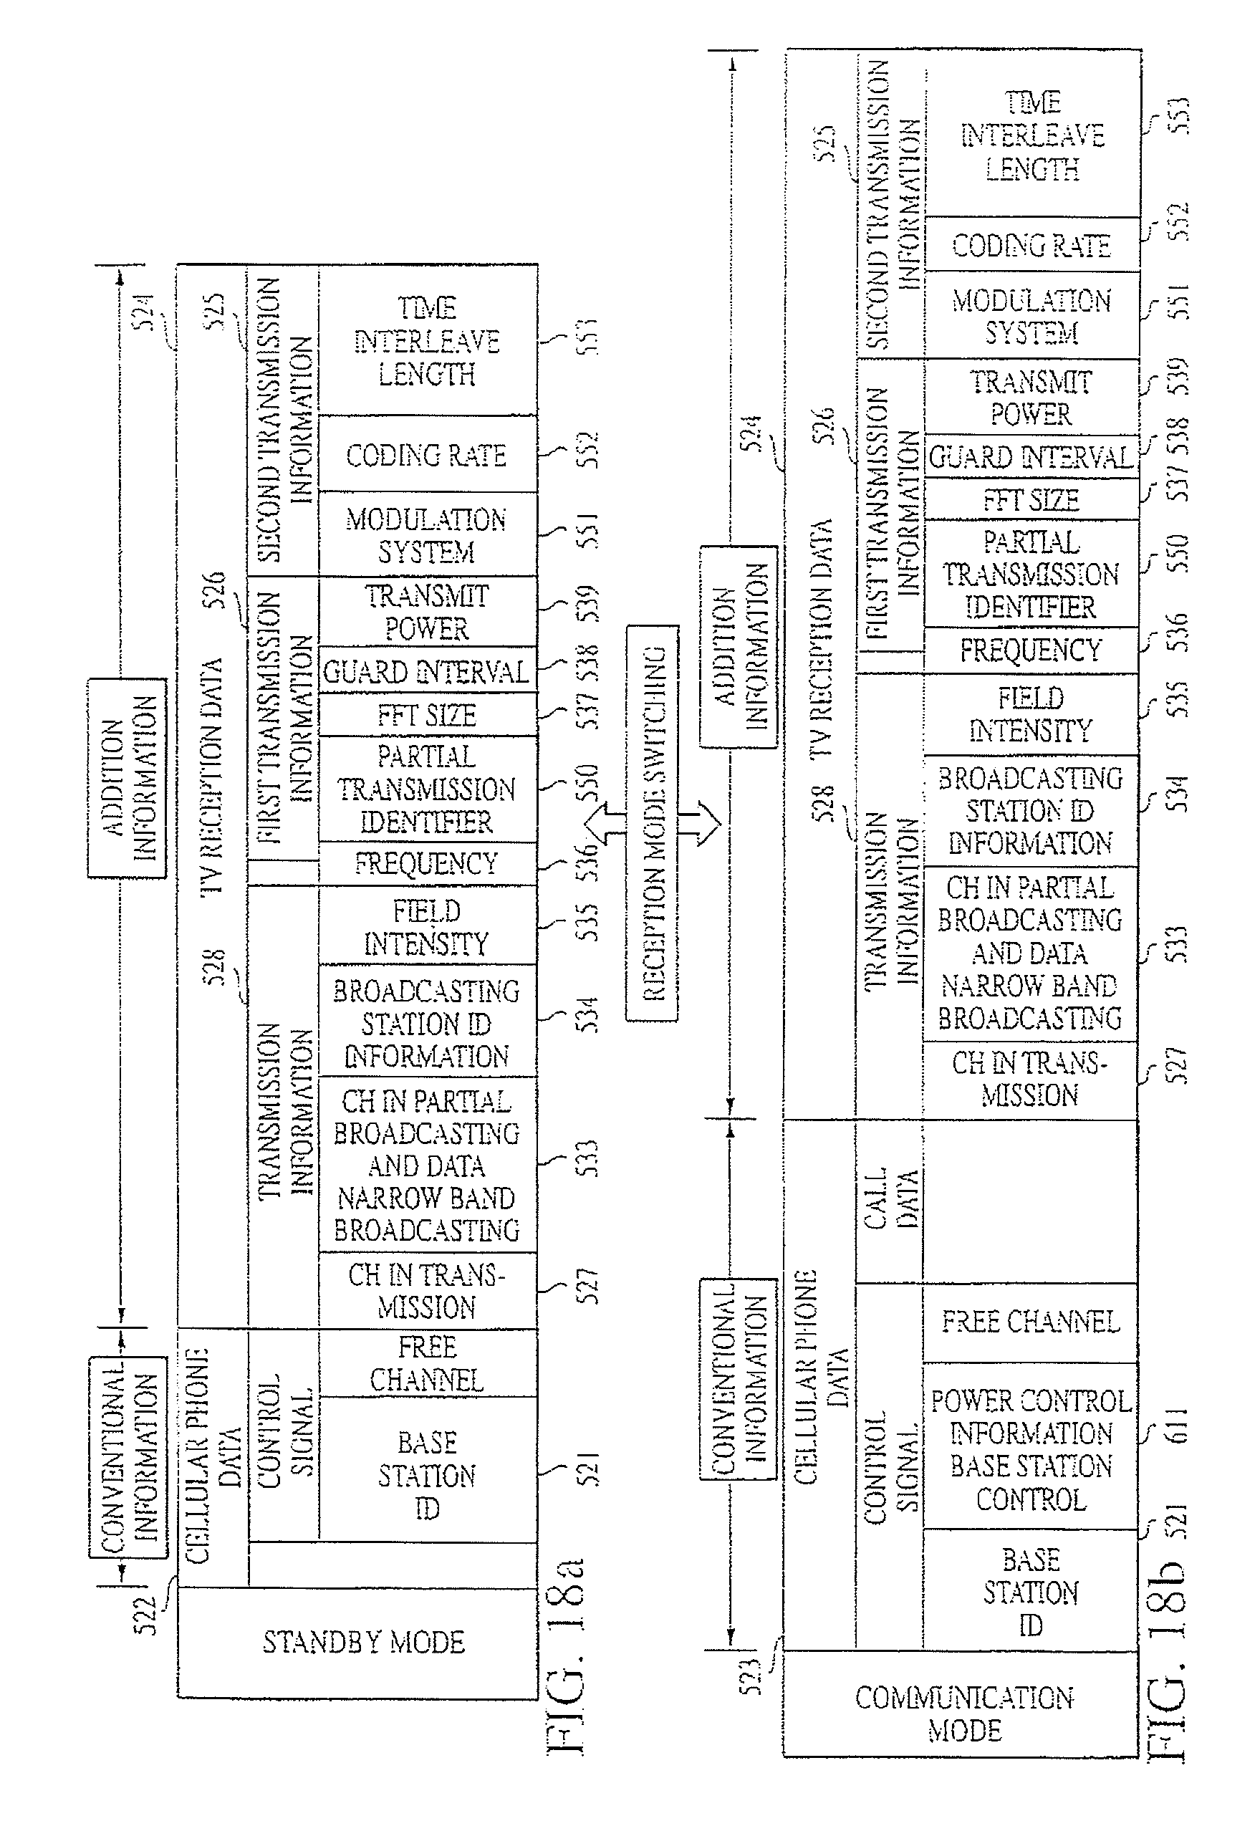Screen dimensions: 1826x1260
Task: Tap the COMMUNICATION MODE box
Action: click(x=963, y=1713)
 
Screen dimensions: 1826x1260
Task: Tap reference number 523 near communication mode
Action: click(x=751, y=1676)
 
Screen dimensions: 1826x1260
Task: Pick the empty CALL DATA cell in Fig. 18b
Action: click(x=1030, y=1200)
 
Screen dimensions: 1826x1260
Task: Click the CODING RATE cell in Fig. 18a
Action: click(x=427, y=455)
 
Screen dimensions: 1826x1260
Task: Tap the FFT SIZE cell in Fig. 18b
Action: click(x=1030, y=500)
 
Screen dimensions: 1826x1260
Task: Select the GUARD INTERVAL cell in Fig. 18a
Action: click(x=427, y=672)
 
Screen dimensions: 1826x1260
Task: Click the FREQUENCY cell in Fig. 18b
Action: click(x=1030, y=650)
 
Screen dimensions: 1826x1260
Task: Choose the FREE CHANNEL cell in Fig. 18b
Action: click(x=1030, y=1321)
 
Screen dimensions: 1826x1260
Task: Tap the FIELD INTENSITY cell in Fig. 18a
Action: click(x=427, y=927)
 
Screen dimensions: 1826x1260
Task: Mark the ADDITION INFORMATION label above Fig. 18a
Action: click(x=127, y=778)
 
